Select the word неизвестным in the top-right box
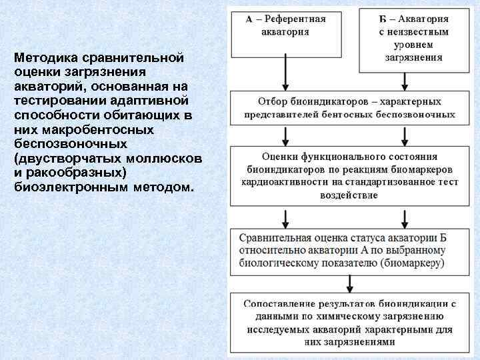coord(419,31)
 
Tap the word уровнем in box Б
coord(414,44)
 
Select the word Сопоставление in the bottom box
coord(283,303)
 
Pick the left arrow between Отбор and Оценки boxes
coord(286,135)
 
